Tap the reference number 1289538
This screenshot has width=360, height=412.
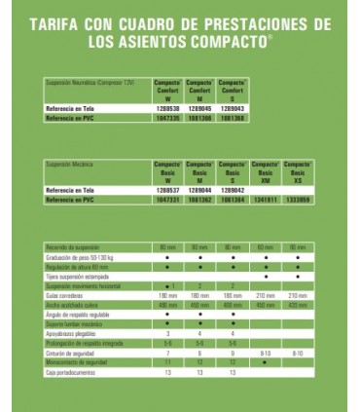click(x=168, y=106)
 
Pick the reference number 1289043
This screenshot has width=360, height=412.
click(x=233, y=106)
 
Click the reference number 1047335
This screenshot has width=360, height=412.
click(x=168, y=117)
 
